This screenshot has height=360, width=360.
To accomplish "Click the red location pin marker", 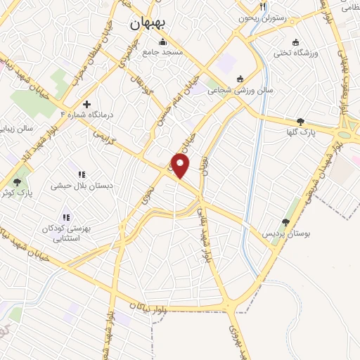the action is (x=181, y=166).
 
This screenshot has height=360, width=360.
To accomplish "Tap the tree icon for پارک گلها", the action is (x=301, y=122).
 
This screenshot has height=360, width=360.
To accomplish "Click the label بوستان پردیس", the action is (x=283, y=233).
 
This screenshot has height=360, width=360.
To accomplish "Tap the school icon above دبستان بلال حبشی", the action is (x=81, y=174).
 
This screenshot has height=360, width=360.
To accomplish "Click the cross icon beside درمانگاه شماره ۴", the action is (x=86, y=104).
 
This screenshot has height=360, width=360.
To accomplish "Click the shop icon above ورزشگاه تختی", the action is (x=295, y=41).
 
